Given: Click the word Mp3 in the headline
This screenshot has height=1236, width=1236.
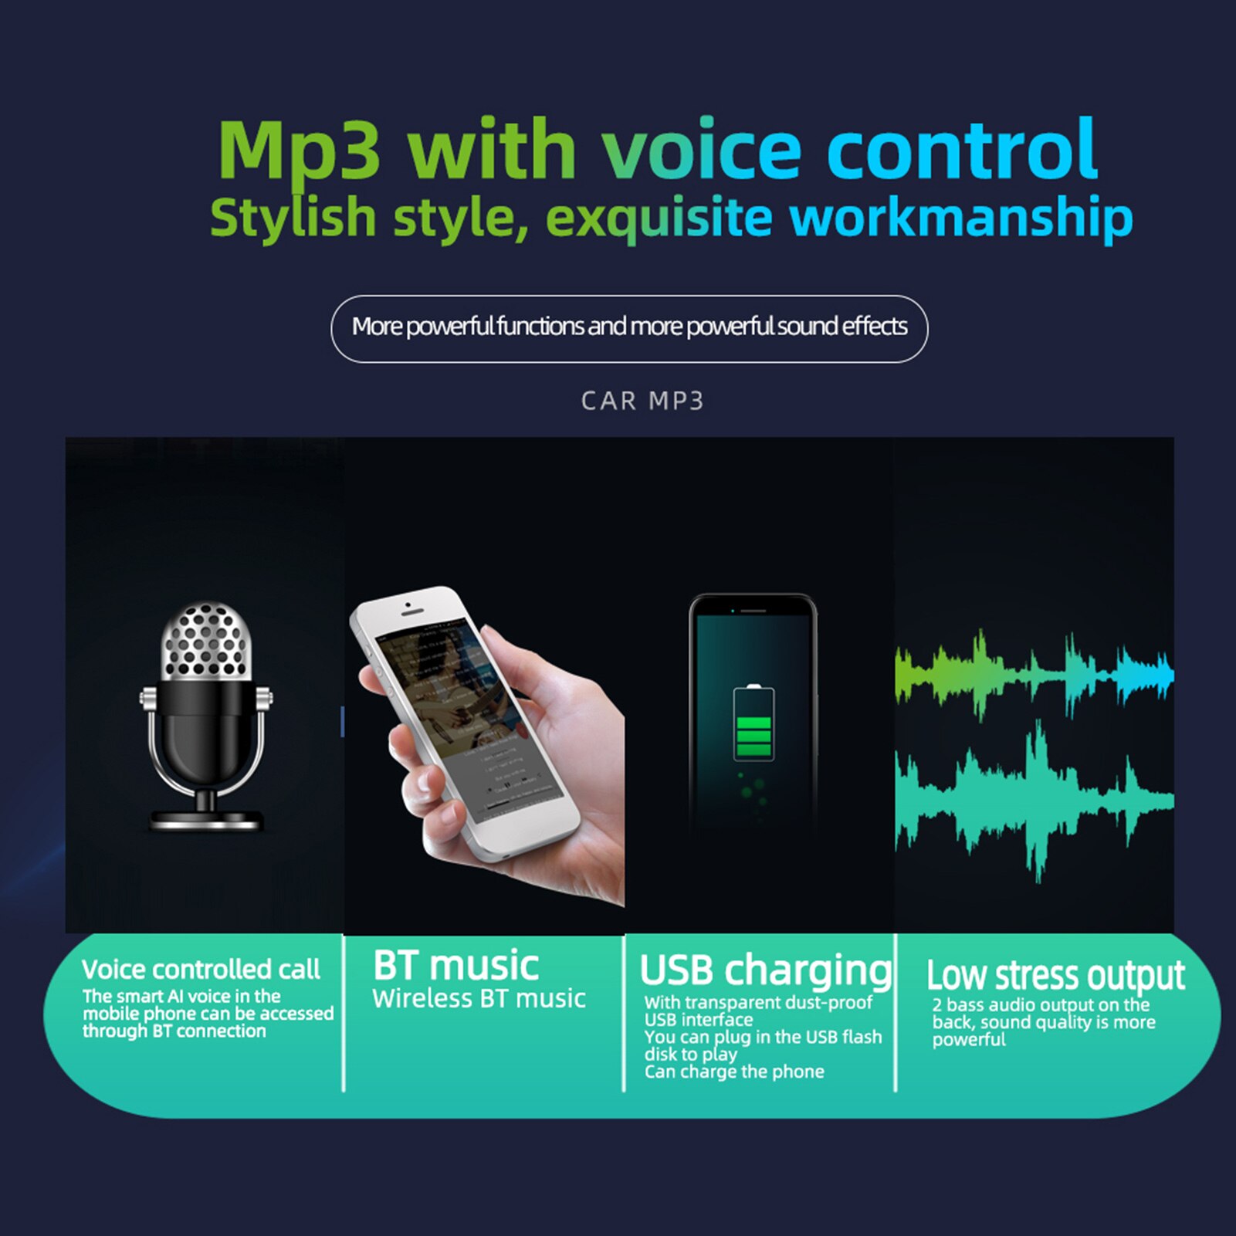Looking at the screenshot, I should click(x=300, y=151).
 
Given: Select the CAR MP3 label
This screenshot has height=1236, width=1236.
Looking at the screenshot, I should click(x=642, y=401).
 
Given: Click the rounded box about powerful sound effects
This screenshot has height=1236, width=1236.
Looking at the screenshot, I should click(x=629, y=328).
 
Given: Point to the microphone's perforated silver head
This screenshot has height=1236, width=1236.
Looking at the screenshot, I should click(x=206, y=641).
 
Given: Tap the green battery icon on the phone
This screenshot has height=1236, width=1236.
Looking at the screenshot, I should click(x=753, y=723).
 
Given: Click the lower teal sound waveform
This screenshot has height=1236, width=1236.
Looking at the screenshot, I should click(x=1034, y=803).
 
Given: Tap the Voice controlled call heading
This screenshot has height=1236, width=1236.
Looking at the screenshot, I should click(x=201, y=970).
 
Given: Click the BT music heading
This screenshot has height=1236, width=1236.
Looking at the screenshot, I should click(x=455, y=966).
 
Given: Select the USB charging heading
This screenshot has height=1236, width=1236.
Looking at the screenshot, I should click(x=764, y=970).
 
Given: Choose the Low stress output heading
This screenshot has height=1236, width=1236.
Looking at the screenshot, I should click(x=1055, y=976).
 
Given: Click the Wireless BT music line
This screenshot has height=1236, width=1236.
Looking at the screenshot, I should click(x=479, y=999).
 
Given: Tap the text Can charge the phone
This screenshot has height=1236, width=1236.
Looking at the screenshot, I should click(x=734, y=1072).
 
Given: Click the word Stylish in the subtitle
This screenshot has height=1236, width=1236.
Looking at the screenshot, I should click(x=293, y=218).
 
